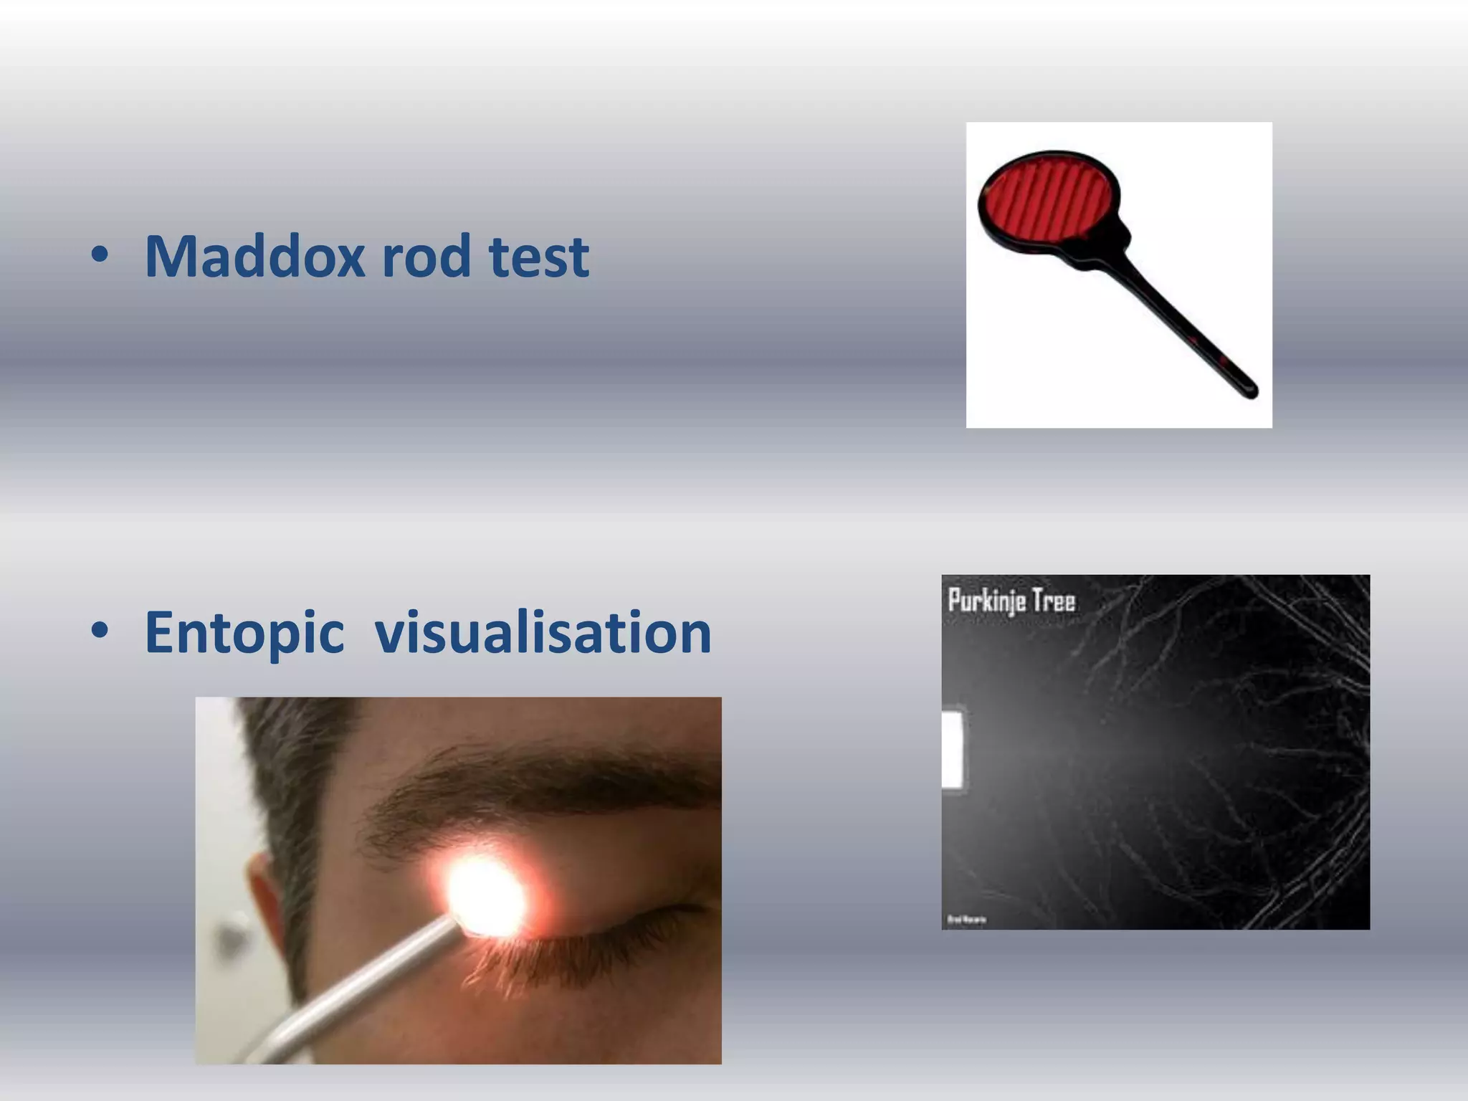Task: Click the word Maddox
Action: (x=254, y=256)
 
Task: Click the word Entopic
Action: (x=244, y=632)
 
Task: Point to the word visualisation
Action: (x=543, y=632)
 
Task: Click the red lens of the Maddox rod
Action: (x=1047, y=198)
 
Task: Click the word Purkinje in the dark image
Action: (x=986, y=601)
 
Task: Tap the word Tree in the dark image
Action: (x=1054, y=599)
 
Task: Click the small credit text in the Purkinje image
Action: (x=967, y=919)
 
